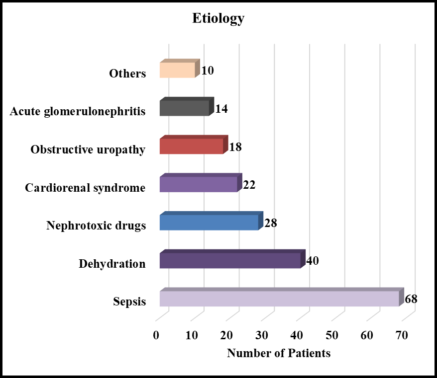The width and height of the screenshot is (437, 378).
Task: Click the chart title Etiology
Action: coord(218,19)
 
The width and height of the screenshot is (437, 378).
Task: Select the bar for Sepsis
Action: coord(282,297)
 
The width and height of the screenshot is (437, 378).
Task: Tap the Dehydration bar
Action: coord(233,259)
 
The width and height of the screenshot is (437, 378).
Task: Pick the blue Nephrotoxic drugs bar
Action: coord(212,221)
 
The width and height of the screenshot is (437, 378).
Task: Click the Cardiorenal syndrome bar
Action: coord(201,183)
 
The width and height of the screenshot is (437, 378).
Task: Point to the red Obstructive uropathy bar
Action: coord(194,145)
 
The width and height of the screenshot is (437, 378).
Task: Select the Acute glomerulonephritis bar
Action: coord(187,106)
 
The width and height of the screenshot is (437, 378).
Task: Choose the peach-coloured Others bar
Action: coord(180,69)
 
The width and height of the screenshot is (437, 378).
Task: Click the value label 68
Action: coord(411,299)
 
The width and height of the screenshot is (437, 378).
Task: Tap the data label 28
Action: coord(271,223)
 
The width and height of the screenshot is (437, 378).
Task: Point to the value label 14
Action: coord(221,109)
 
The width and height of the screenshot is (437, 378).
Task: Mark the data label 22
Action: coord(249,185)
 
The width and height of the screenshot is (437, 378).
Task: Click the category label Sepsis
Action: coord(129,302)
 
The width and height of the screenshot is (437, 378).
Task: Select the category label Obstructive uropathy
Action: coord(88,150)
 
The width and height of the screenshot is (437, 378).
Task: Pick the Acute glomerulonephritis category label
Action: coord(78,112)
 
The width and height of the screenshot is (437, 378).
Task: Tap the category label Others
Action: coord(127,74)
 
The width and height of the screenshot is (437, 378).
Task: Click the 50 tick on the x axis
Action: coord(331,335)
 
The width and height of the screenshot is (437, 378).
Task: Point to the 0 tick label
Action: coord(156,335)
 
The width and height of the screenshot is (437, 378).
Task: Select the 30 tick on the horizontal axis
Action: coord(262,335)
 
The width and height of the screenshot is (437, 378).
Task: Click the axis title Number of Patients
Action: coord(279,353)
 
